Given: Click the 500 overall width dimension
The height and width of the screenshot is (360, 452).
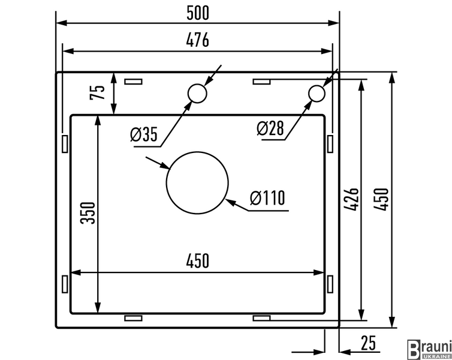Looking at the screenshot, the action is (197, 13).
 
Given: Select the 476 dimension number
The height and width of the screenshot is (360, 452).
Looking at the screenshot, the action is (197, 40).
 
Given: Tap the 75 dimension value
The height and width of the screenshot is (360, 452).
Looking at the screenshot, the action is (98, 92).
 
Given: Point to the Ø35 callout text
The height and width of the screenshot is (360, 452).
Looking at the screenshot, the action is (144, 134).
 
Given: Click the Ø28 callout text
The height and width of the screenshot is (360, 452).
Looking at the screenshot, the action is (270, 128).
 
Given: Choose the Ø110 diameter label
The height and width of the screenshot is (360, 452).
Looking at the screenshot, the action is (267, 198).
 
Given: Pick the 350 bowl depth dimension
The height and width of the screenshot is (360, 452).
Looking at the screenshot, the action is (88, 213).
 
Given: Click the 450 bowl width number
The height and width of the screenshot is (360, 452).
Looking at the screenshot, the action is (197, 261).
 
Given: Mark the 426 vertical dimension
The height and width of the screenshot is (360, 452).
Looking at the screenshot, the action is (351, 199).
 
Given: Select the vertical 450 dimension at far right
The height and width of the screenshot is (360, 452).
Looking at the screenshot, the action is (381, 199).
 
